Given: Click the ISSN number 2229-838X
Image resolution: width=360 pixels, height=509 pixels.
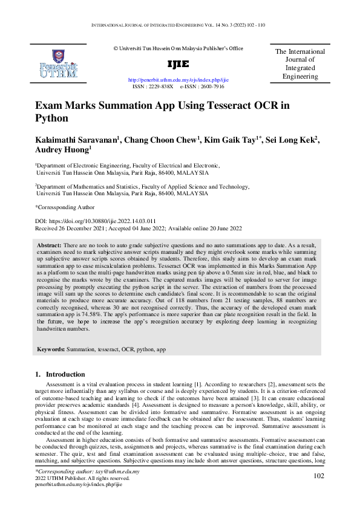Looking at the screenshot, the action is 161,86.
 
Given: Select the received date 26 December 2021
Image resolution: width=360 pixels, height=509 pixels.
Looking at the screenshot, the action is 85,228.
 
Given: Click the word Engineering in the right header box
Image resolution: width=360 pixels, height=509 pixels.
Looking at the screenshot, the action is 300,77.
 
